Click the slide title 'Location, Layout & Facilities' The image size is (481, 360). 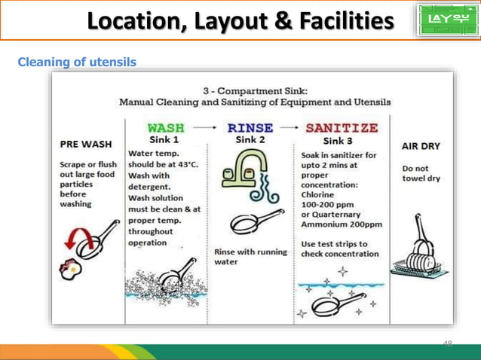click(x=240, y=23)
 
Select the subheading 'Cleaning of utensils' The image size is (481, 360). click(x=76, y=62)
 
